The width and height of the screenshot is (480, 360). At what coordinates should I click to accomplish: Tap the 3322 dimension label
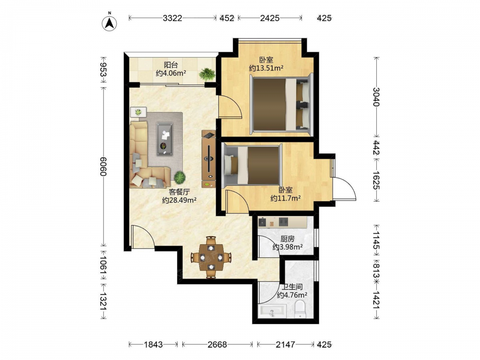click(172, 18)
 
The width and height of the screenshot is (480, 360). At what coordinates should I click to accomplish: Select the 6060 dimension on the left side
click(103, 166)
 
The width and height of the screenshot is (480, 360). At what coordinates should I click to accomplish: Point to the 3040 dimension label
click(376, 97)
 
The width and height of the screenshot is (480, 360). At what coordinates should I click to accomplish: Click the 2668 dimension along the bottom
click(217, 345)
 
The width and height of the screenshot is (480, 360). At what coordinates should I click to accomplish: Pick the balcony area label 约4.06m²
click(171, 73)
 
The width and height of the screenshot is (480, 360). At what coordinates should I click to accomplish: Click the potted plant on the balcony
click(207, 74)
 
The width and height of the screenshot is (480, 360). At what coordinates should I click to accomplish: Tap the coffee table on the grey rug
click(165, 139)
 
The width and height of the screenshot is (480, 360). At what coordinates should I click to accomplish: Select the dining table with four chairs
click(211, 257)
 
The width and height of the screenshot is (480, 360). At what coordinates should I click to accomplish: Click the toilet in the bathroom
click(300, 309)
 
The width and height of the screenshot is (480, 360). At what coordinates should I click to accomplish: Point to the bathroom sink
click(272, 311)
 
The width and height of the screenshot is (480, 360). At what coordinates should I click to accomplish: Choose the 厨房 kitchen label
click(287, 239)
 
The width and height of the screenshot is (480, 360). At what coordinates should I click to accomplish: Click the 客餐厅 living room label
click(180, 192)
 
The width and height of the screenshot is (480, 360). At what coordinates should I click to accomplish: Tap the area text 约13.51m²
click(266, 68)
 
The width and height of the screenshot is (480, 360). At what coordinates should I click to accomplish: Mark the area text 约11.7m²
click(286, 198)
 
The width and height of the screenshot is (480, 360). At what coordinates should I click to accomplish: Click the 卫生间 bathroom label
click(292, 287)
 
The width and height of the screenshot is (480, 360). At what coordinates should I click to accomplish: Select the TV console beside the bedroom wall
click(209, 159)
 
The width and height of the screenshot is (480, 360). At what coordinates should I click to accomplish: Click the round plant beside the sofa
click(180, 177)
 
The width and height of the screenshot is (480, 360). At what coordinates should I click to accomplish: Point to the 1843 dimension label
click(154, 345)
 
